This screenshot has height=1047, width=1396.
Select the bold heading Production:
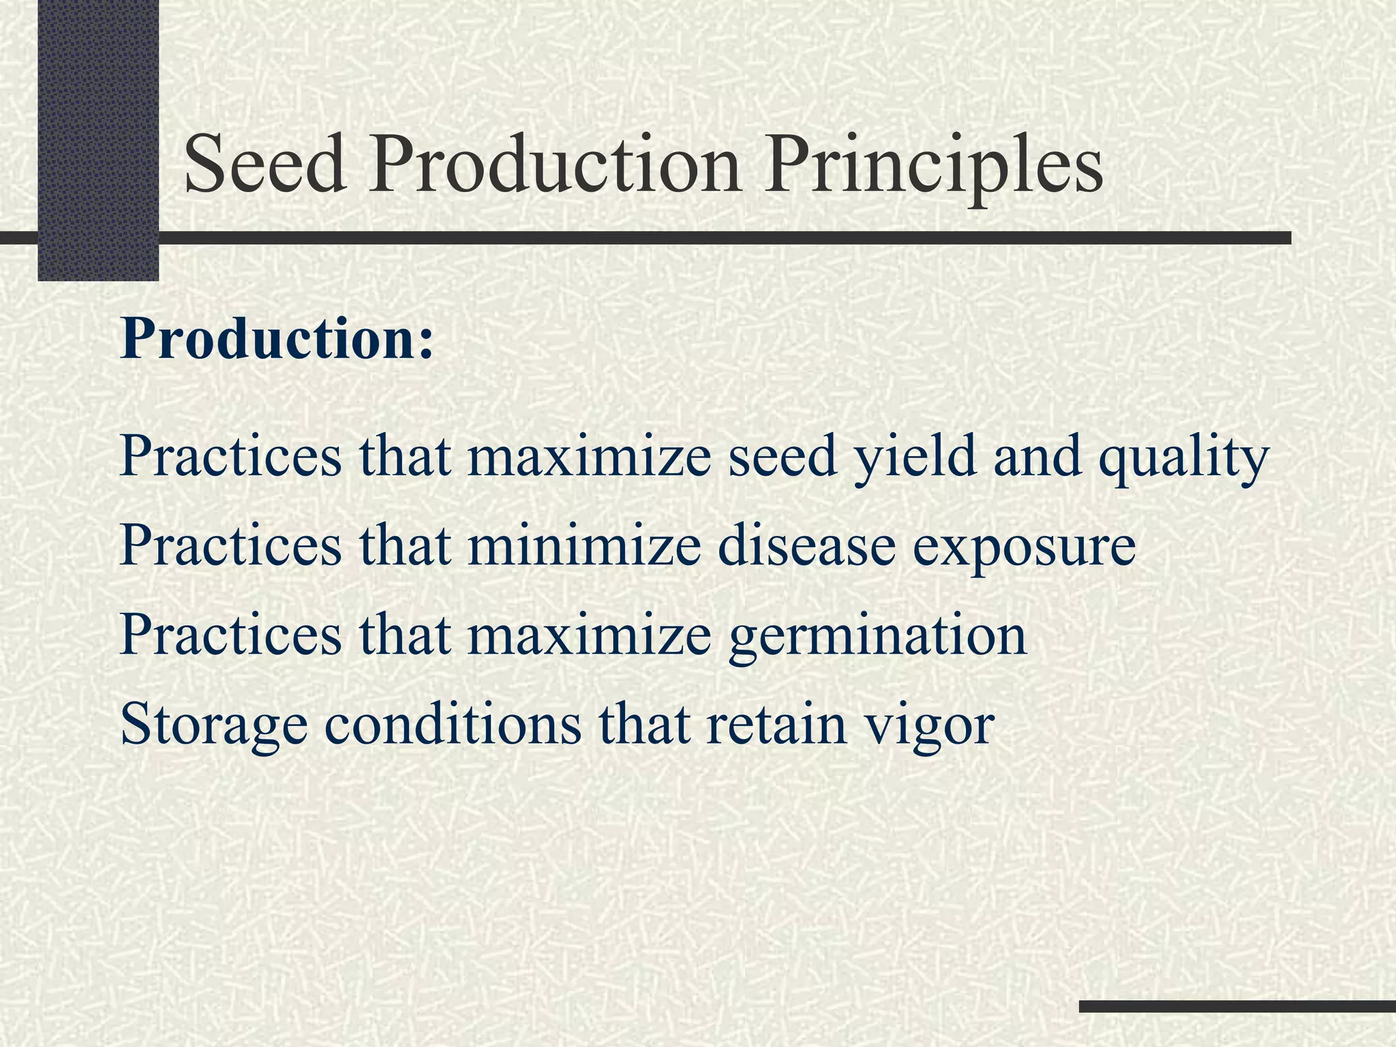277,339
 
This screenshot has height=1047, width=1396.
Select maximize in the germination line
589,635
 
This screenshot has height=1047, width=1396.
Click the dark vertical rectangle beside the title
98,136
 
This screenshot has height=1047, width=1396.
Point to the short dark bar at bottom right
1237,1006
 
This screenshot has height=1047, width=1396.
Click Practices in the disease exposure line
230,546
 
